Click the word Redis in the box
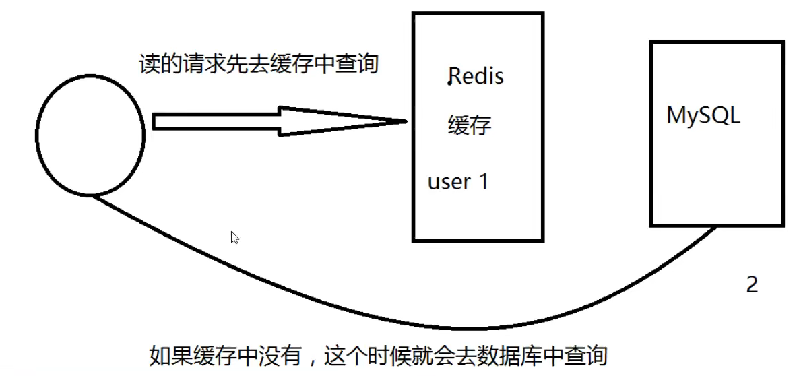click(x=476, y=77)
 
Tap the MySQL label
click(x=703, y=115)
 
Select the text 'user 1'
click(x=457, y=181)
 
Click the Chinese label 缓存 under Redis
click(x=470, y=125)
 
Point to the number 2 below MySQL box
click(x=752, y=284)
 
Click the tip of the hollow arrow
click(x=406, y=121)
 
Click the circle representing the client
click(x=90, y=135)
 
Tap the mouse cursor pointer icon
click(x=234, y=237)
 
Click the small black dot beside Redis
click(x=449, y=83)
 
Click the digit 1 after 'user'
click(x=482, y=181)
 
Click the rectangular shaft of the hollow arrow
click(x=216, y=121)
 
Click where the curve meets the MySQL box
click(x=716, y=228)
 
